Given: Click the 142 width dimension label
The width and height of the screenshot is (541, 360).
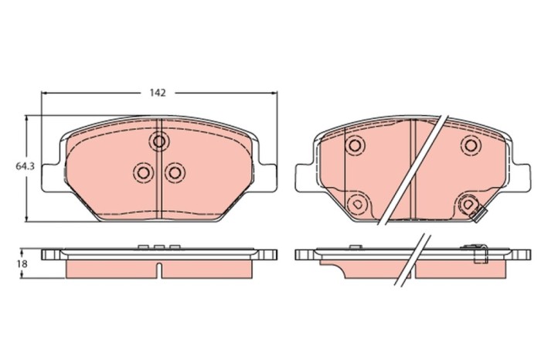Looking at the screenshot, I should (158, 93).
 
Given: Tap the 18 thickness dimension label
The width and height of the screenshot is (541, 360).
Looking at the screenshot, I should (22, 263).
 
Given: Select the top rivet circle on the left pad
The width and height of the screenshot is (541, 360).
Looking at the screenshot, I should (159, 141).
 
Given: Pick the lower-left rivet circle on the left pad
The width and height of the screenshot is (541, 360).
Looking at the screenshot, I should (143, 172).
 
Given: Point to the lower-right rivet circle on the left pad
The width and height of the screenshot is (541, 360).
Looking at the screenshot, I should (175, 172).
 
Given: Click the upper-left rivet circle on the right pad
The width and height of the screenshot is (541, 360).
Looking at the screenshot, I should (355, 144).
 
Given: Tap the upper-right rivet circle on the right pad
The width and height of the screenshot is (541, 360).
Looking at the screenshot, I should (470, 144).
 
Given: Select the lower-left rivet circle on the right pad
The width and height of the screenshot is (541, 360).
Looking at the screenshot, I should (356, 203).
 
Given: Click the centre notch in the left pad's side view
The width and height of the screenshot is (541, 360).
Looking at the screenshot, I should (159, 270).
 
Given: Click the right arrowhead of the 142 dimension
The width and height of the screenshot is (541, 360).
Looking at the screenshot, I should (274, 93).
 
